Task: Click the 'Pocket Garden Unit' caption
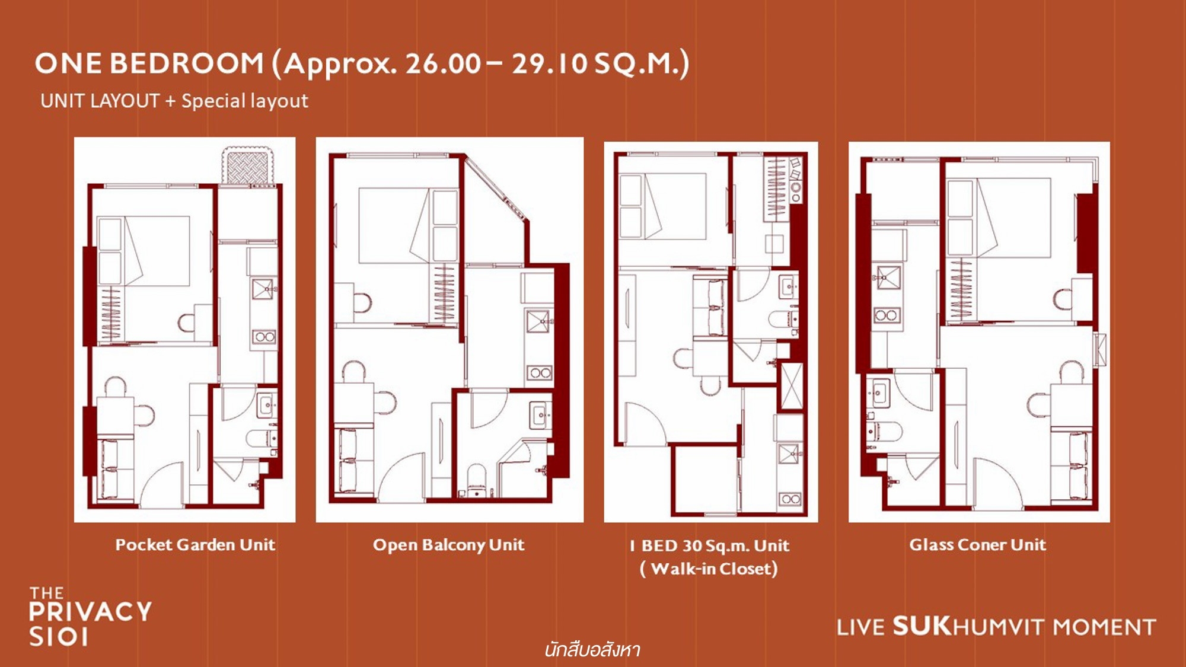[195, 545]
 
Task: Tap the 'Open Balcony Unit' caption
[449, 545]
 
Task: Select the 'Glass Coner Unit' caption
[978, 544]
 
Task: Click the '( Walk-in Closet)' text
[709, 569]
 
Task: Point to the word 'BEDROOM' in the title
[187, 63]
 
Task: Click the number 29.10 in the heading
[550, 63]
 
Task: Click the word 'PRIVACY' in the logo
[90, 611]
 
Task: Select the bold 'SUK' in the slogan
[922, 626]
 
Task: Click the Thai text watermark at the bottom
[592, 650]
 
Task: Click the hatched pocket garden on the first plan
[248, 166]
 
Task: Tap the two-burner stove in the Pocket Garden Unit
[264, 337]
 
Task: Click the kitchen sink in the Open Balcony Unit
[538, 321]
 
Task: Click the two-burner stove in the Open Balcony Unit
[540, 373]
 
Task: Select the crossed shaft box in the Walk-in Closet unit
[791, 386]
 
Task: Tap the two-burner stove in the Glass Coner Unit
[886, 315]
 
